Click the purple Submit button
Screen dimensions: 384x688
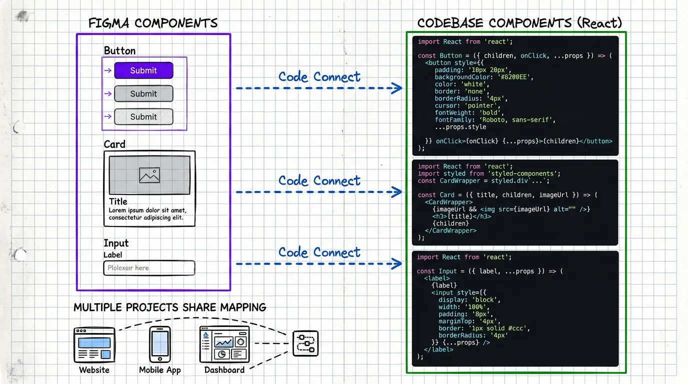click(143, 70)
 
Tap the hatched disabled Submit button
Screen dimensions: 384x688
click(143, 116)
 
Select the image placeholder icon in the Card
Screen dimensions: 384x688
click(149, 175)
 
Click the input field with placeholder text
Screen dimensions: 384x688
click(149, 268)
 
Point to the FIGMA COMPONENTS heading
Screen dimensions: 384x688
click(153, 23)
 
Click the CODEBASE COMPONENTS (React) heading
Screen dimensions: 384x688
click(519, 23)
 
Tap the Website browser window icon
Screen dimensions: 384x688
click(94, 344)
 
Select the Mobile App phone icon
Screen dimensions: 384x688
click(160, 344)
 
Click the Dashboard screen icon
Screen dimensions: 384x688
click(224, 344)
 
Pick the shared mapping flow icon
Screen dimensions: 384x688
click(305, 344)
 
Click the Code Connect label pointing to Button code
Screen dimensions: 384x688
click(319, 76)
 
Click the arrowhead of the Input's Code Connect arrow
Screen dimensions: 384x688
click(397, 263)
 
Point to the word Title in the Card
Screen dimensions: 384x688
click(118, 201)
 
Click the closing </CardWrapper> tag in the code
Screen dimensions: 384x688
click(450, 230)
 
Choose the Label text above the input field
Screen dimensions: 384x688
click(112, 255)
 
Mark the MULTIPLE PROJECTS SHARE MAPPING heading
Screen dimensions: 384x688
click(170, 307)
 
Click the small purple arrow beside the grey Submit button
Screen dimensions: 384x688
click(107, 93)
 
